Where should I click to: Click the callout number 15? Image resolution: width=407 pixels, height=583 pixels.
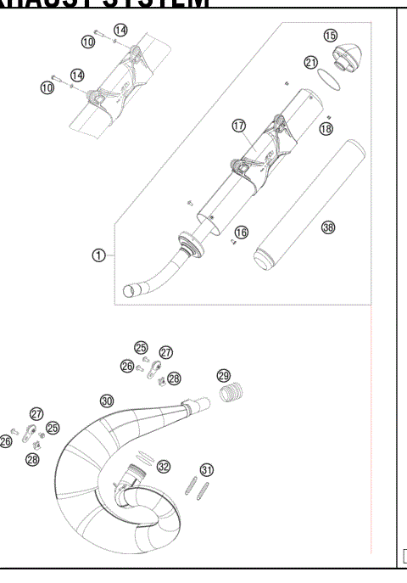331,35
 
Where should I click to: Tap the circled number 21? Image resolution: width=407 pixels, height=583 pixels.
311,63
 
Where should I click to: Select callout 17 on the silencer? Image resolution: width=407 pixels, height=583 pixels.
238,126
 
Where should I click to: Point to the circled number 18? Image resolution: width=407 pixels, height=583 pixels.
326,128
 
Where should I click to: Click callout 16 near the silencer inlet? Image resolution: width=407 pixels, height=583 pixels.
242,232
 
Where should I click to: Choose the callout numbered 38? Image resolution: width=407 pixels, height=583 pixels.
328,227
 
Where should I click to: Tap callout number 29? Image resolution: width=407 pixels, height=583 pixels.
223,375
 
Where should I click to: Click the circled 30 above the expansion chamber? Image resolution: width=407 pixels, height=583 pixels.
106,401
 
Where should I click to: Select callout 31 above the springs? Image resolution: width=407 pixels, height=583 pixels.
206,469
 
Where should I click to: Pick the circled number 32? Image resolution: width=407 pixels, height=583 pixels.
164,466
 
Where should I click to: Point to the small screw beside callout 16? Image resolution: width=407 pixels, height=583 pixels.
231,243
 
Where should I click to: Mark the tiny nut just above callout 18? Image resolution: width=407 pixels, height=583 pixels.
326,115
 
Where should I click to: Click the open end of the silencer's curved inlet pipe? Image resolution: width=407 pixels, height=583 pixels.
130,292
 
